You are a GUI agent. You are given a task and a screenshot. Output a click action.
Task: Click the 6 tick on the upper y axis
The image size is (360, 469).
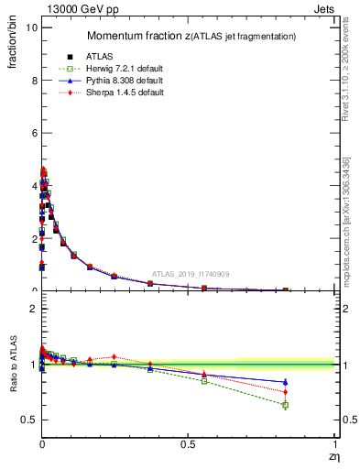(x=32, y=133)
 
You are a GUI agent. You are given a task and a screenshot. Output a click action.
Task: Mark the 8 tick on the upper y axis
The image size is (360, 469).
(x=32, y=81)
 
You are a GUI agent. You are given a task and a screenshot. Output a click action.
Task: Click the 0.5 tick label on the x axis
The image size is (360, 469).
(x=189, y=443)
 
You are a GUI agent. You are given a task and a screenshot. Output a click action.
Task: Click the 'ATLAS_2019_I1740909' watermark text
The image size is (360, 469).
(x=190, y=274)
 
